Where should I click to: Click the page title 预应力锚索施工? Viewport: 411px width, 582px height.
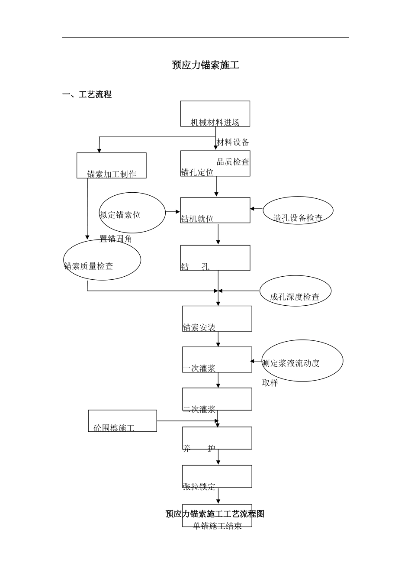pyautogui.click(x=205, y=65)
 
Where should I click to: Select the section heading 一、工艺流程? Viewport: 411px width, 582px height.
pyautogui.click(x=87, y=94)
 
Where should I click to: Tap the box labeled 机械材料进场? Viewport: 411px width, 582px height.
pyautogui.click(x=215, y=114)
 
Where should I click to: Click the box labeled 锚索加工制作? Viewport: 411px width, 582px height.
pyautogui.click(x=112, y=165)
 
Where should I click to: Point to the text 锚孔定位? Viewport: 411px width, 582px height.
pyautogui.click(x=197, y=172)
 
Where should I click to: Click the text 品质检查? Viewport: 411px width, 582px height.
pyautogui.click(x=233, y=162)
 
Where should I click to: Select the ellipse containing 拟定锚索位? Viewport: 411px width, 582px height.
pyautogui.click(x=132, y=213)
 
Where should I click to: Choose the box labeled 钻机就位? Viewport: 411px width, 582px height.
pyautogui.click(x=215, y=210)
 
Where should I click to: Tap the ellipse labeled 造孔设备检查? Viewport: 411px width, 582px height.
pyautogui.click(x=298, y=212)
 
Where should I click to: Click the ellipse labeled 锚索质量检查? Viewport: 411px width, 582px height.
pyautogui.click(x=102, y=260)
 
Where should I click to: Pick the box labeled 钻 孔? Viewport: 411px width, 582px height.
pyautogui.click(x=215, y=258)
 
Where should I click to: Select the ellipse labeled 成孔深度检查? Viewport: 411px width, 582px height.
pyautogui.click(x=295, y=291)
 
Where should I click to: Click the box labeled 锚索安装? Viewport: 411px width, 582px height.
pyautogui.click(x=217, y=319)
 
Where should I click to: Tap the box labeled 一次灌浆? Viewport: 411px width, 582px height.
pyautogui.click(x=217, y=359)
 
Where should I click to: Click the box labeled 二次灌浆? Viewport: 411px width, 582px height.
pyautogui.click(x=217, y=399)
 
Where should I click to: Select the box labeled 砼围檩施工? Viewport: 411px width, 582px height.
pyautogui.click(x=122, y=421)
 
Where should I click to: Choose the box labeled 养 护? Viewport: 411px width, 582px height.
pyautogui.click(x=217, y=438)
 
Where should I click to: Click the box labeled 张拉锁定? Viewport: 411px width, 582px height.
pyautogui.click(x=217, y=476)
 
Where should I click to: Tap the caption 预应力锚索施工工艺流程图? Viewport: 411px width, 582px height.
pyautogui.click(x=215, y=514)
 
